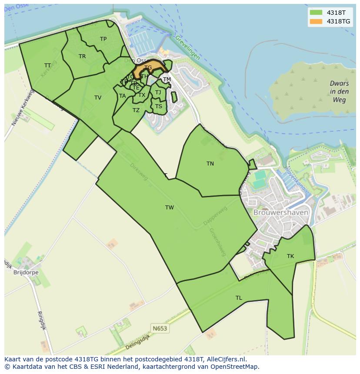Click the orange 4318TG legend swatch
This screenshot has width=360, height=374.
click(x=316, y=21)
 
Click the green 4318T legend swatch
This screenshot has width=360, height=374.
click(x=316, y=13)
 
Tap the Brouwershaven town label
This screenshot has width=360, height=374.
click(x=281, y=213)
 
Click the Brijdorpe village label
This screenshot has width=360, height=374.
click(x=26, y=272)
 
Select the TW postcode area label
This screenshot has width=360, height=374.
click(x=170, y=208)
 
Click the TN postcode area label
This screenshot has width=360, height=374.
click(x=210, y=164)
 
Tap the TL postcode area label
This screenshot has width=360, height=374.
click(x=239, y=298)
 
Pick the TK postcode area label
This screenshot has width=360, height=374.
click(x=290, y=256)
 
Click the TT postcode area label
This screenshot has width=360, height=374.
click(x=48, y=66)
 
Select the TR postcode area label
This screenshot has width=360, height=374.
click(x=82, y=56)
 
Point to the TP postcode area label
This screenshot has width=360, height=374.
click(x=103, y=39)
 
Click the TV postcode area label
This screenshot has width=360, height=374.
click(x=98, y=98)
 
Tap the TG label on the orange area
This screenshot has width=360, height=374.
click(x=148, y=68)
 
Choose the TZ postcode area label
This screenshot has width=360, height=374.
click(x=136, y=110)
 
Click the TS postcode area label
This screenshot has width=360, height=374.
click(x=159, y=106)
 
